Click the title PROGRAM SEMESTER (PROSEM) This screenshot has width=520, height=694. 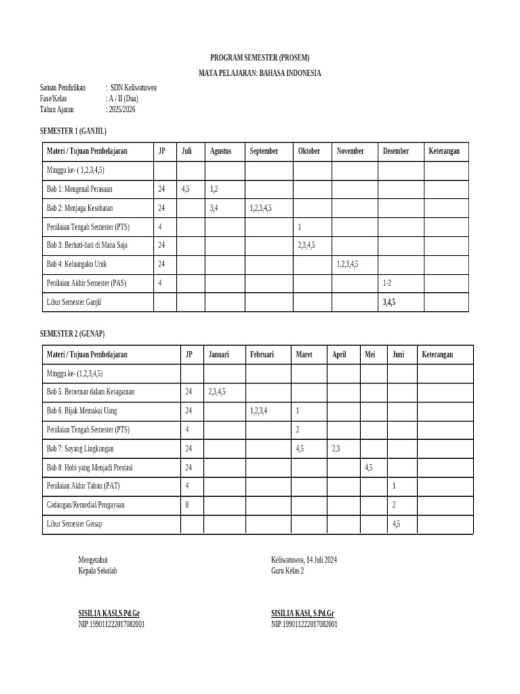(260, 58)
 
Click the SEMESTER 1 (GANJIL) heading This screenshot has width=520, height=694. (73, 130)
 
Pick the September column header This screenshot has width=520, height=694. (264, 151)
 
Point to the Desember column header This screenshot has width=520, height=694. (395, 151)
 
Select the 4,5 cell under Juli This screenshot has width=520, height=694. (186, 189)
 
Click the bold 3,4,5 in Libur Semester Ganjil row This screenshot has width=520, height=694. (389, 302)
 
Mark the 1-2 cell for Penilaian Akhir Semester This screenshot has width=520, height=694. (387, 283)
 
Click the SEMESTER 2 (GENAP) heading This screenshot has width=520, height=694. (72, 334)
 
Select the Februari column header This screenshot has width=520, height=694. (261, 354)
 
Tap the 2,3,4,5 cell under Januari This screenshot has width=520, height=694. (217, 392)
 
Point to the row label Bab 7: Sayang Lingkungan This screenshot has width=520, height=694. (80, 449)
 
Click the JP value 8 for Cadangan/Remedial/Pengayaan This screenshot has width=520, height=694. (188, 505)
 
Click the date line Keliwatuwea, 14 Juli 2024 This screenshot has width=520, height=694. (304, 560)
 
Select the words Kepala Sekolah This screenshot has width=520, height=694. (98, 571)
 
